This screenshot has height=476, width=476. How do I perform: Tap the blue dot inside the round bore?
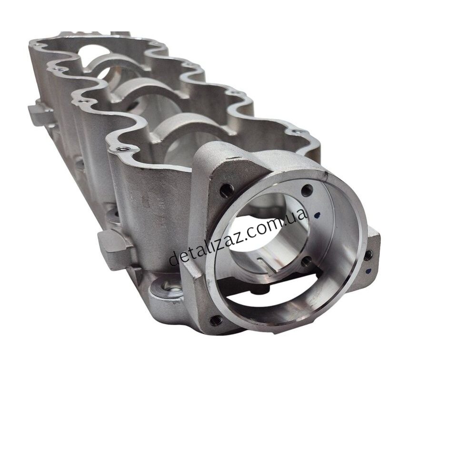click(317, 216)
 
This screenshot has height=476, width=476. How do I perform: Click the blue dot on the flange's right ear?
click(369, 270)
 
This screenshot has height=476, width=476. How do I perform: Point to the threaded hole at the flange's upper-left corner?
click(227, 190)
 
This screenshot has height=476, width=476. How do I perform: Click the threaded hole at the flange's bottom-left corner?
click(216, 319)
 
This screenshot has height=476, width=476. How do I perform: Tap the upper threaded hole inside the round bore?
click(307, 190)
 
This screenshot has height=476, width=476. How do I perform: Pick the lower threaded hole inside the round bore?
click(307, 261)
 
